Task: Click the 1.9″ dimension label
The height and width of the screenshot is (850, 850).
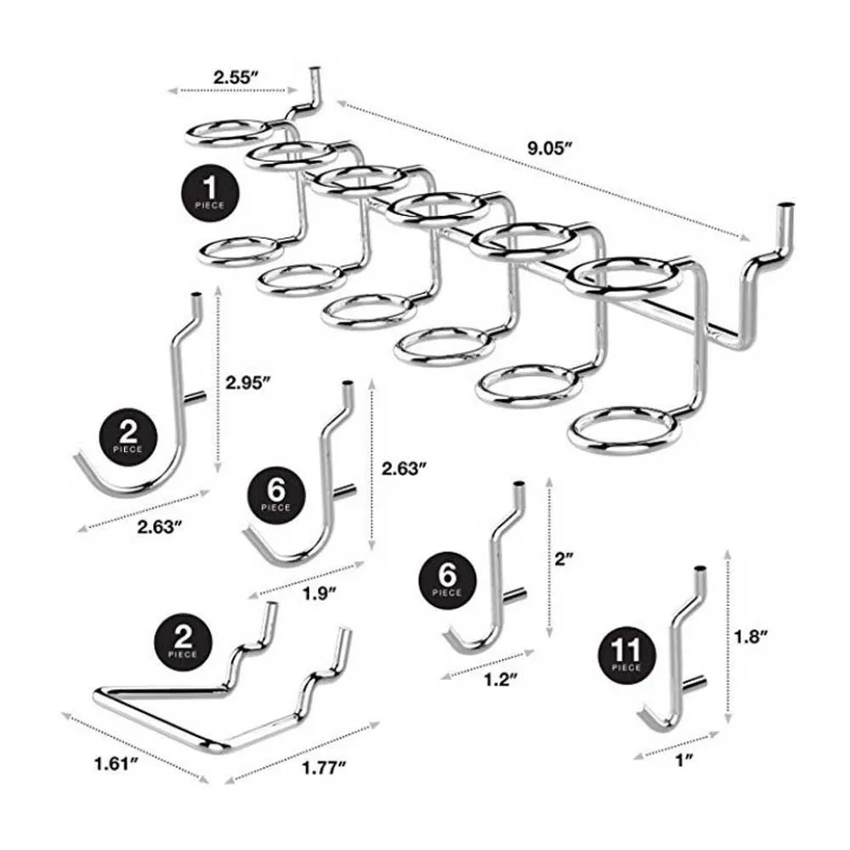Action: click(317, 593)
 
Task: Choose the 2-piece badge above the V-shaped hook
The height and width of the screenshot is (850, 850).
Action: click(181, 640)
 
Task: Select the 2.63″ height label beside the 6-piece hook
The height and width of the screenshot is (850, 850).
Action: click(403, 467)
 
